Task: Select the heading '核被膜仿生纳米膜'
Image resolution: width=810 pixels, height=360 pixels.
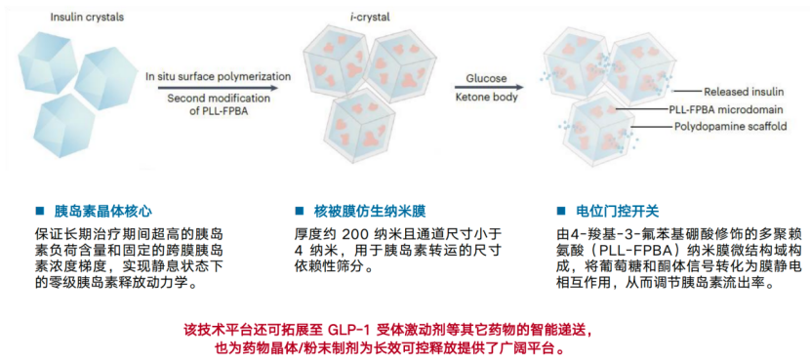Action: (x=368, y=211)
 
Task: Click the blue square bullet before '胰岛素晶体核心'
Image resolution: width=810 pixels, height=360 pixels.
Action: (x=40, y=211)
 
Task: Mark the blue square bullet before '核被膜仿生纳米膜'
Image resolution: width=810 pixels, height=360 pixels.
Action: (x=298, y=211)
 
